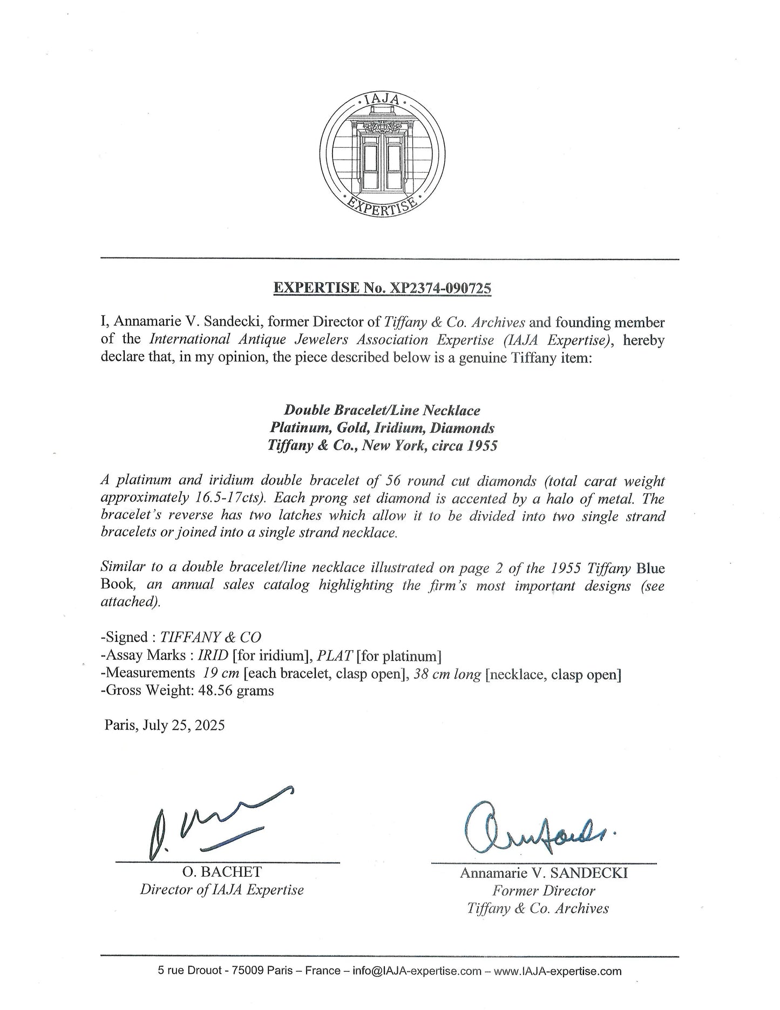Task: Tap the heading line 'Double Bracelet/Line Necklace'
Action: click(x=382, y=410)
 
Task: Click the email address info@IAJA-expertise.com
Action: click(x=416, y=971)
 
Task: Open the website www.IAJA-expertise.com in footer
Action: click(x=558, y=971)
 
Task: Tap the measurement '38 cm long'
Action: click(x=446, y=674)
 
